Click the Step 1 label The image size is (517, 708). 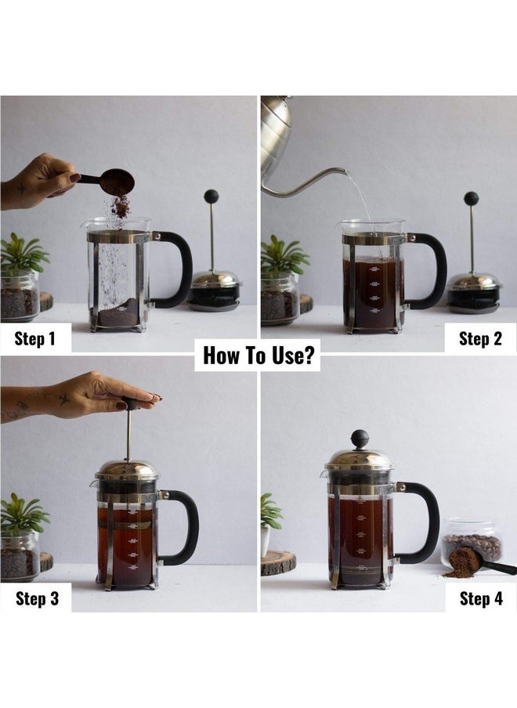pyautogui.click(x=35, y=338)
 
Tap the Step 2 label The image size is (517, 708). pyautogui.click(x=480, y=338)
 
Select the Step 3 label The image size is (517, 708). pyautogui.click(x=36, y=598)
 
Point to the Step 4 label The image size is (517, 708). pyautogui.click(x=481, y=598)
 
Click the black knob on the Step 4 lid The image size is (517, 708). pyautogui.click(x=360, y=438)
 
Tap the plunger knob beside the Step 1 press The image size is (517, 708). pyautogui.click(x=211, y=196)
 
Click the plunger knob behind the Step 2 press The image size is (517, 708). pyautogui.click(x=471, y=198)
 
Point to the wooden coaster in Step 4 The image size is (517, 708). pyautogui.click(x=278, y=562)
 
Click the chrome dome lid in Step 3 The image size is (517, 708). pyautogui.click(x=126, y=469)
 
